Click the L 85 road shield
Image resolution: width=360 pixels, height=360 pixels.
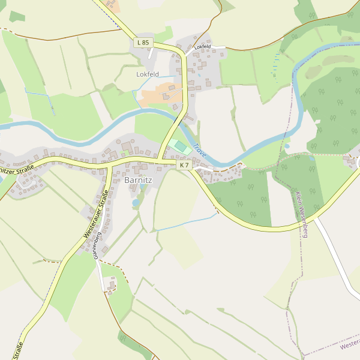[142, 43]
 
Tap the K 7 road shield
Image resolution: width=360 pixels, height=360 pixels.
[184, 165]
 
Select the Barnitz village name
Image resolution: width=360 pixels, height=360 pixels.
[139, 179]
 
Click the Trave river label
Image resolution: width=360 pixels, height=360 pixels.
[200, 151]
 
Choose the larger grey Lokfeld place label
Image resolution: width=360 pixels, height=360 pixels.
[148, 74]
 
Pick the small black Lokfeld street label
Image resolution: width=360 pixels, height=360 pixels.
[202, 46]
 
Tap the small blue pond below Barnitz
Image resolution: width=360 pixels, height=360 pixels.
[136, 203]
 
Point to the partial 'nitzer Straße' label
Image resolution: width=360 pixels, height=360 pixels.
[14, 171]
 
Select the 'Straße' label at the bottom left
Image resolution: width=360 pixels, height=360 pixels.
[17, 350]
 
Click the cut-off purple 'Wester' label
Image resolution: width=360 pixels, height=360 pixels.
[349, 344]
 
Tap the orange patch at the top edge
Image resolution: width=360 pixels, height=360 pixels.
[113, 5]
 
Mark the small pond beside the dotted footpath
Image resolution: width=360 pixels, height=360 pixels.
[286, 146]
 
